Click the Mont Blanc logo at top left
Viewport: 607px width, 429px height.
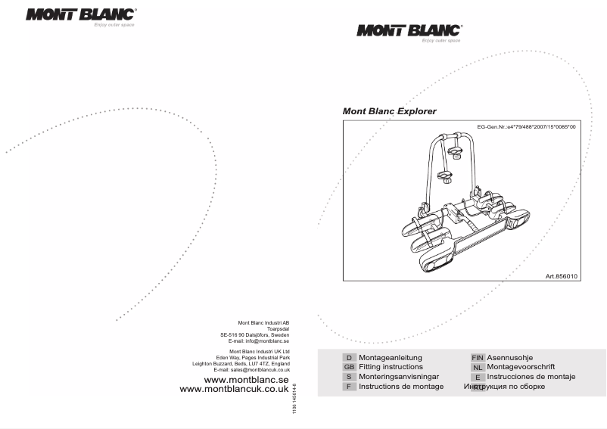tap(80, 14)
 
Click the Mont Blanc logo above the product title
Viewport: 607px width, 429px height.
tap(409, 31)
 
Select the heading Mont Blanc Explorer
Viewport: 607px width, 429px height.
tap(390, 111)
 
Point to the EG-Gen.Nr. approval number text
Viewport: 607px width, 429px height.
tap(526, 127)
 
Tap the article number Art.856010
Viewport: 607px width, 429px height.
tap(562, 277)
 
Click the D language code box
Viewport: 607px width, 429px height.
tap(349, 357)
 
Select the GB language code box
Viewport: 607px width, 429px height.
tap(349, 367)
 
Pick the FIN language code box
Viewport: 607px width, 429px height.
tap(478, 357)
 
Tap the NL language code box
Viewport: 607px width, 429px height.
tap(478, 367)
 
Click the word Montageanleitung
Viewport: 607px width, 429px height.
tap(390, 357)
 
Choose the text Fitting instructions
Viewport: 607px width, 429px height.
tap(391, 367)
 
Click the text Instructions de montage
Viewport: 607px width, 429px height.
tap(401, 387)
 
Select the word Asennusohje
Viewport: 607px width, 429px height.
tap(512, 357)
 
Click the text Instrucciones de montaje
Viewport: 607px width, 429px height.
tap(531, 377)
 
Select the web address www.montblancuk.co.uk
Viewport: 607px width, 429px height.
tap(234, 389)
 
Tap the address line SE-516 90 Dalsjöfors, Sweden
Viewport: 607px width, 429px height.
tap(255, 335)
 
